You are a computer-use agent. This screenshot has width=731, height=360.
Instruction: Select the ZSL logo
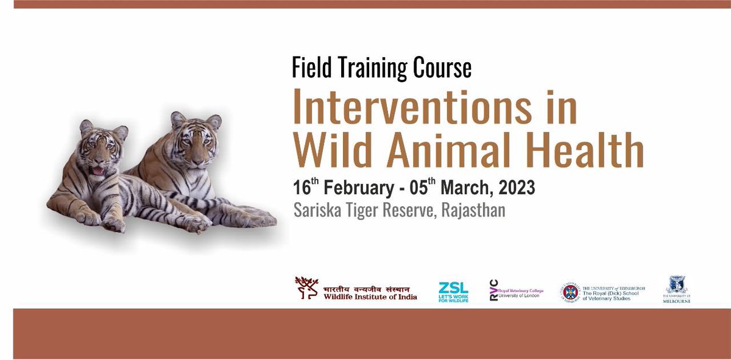pyautogui.click(x=453, y=292)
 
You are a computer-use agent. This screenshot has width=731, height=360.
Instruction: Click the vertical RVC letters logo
pyautogui.click(x=494, y=291)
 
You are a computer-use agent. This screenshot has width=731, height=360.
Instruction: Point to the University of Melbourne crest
pyautogui.click(x=677, y=284)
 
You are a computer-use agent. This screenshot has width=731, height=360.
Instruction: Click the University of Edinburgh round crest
pyautogui.click(x=571, y=292)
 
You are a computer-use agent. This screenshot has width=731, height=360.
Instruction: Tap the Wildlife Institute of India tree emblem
pyautogui.click(x=307, y=288)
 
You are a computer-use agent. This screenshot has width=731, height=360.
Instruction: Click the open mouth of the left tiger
pyautogui.click(x=97, y=171)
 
